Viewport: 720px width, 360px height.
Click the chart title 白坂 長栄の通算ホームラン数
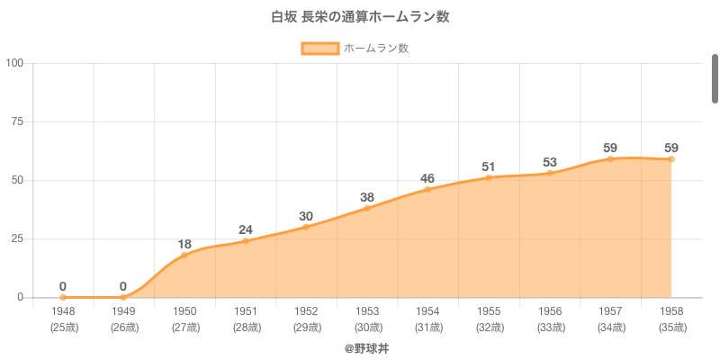tap(360, 16)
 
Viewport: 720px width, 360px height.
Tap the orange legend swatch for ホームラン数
tap(319, 49)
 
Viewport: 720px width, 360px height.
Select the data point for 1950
tap(184, 255)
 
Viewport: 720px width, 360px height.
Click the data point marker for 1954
tap(427, 189)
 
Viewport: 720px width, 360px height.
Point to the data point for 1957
tap(610, 158)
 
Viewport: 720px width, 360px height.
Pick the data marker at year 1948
tap(63, 297)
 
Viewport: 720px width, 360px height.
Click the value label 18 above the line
tap(184, 244)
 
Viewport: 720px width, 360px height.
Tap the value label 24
tap(245, 229)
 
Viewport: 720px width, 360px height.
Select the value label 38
tap(367, 197)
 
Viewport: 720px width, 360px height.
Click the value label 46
tap(427, 178)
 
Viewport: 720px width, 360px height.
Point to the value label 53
tap(550, 162)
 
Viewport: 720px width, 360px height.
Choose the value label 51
tap(489, 166)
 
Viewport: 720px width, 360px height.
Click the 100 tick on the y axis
tap(14, 63)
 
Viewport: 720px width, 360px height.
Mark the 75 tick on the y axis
tap(17, 121)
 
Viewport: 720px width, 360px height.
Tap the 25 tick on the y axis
tap(17, 238)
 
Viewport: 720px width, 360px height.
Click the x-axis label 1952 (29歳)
tap(306, 319)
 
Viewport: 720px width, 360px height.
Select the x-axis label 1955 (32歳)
tap(489, 319)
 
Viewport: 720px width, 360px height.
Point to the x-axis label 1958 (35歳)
tap(671, 319)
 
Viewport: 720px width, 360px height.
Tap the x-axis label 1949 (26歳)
tap(123, 319)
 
